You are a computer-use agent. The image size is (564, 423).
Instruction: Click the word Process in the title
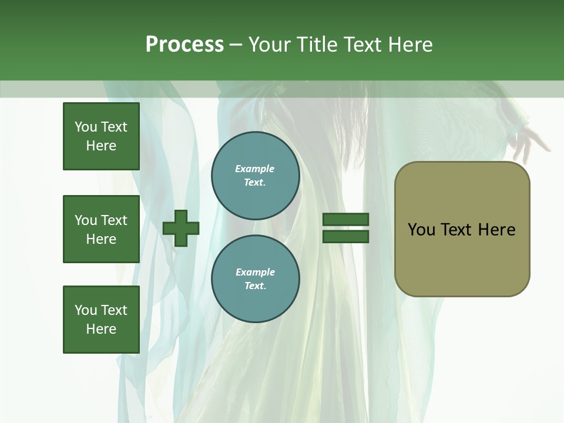click(184, 45)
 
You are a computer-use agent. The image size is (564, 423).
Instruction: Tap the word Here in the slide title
click(409, 45)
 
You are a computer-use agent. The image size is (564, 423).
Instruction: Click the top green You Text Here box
click(101, 136)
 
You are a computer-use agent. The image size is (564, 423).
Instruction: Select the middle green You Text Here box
click(101, 229)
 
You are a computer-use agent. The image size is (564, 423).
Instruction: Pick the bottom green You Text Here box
click(101, 320)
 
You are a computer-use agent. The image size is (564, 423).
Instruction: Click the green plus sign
click(181, 228)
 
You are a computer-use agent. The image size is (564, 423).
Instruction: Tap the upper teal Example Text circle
click(255, 176)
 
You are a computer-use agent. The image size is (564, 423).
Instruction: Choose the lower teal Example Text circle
click(255, 279)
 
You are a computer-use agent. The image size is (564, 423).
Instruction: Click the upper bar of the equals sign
click(346, 220)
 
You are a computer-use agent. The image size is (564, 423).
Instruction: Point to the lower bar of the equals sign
click(346, 236)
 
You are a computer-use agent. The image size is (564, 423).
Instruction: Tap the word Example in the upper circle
click(255, 169)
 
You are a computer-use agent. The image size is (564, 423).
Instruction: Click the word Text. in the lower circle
click(255, 286)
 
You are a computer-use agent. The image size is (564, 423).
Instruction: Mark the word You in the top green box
click(86, 127)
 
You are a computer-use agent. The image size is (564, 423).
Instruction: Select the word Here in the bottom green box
click(101, 329)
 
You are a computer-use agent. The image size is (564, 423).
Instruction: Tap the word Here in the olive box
click(497, 230)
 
